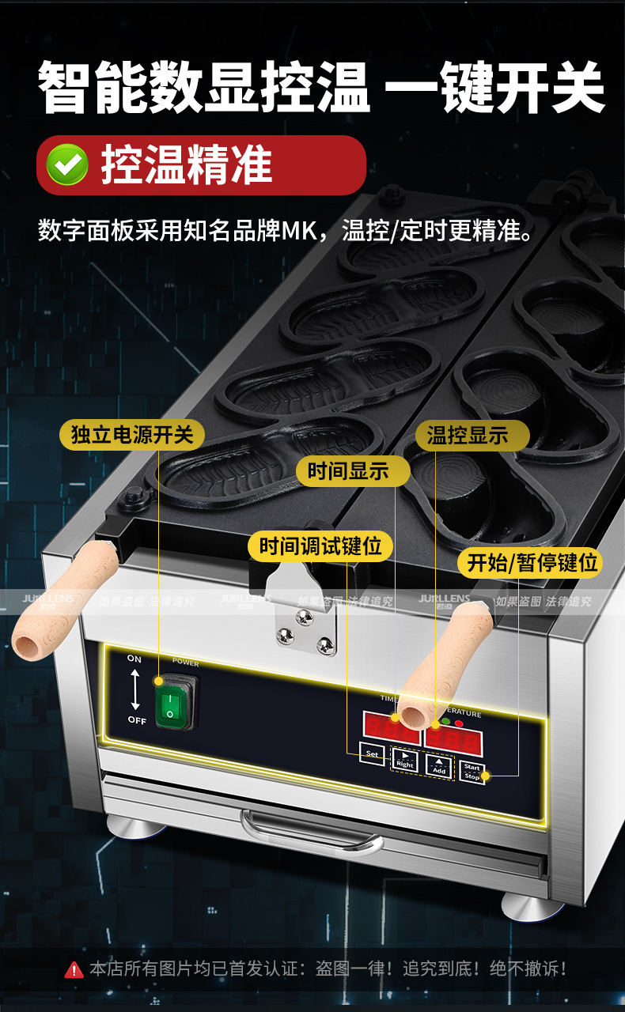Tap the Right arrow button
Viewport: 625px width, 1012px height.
point(404,761)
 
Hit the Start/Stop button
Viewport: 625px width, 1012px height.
point(472,772)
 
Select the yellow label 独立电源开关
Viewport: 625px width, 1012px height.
point(132,435)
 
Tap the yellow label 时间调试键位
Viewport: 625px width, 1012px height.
point(320,546)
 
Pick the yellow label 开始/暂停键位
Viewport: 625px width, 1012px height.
point(532,563)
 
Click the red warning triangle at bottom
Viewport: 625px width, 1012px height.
point(74,969)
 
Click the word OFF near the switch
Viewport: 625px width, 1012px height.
point(136,719)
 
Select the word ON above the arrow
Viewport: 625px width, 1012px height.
point(134,659)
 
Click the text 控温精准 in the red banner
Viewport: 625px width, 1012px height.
point(186,164)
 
